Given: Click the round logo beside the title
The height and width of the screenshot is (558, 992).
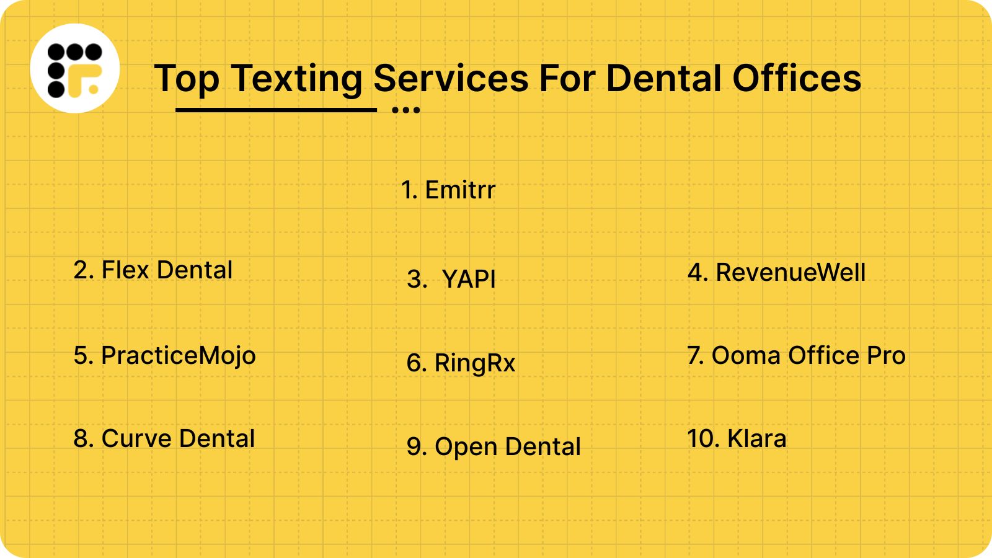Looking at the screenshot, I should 75,68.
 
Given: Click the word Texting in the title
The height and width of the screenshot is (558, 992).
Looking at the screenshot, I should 297,79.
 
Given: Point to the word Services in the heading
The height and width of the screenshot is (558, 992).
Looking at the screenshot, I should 451,79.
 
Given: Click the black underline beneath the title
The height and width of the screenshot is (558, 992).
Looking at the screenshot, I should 276,110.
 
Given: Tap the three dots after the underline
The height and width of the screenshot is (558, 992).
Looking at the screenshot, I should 406,110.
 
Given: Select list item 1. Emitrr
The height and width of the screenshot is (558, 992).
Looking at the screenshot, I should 448,190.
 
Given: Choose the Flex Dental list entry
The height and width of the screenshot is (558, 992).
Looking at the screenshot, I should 153,270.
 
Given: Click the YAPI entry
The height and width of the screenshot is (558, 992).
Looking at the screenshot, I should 451,279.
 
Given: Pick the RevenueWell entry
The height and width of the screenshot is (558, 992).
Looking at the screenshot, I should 776,273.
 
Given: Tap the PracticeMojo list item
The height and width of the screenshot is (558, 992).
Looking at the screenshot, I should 164,356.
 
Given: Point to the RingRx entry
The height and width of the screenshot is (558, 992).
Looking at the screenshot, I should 461,363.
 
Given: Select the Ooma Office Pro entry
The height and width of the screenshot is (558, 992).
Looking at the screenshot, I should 796,356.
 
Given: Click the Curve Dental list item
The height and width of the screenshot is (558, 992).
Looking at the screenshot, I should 164,439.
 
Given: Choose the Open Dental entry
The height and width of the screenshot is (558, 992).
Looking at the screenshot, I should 494,447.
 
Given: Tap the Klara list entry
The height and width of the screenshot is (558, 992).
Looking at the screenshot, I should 737,439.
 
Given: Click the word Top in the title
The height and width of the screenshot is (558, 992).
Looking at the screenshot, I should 187,79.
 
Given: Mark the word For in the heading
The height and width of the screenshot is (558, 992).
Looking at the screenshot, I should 567,79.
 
